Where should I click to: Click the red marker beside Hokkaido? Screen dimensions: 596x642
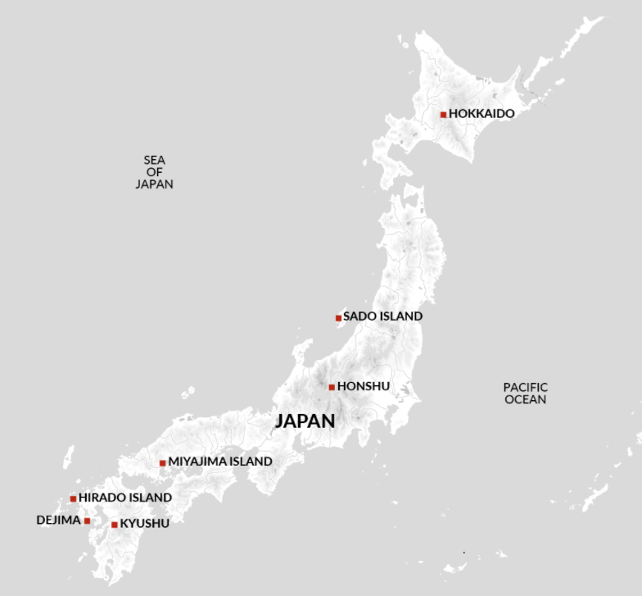click(x=443, y=115)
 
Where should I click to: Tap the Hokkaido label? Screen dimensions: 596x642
click(x=481, y=114)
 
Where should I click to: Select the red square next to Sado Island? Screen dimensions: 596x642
click(x=338, y=317)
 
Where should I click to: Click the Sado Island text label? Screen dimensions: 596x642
click(x=382, y=316)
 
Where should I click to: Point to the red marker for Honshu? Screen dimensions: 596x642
click(x=332, y=387)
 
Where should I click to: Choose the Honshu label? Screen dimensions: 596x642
click(x=364, y=386)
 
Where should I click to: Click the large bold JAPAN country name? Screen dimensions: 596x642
click(x=305, y=421)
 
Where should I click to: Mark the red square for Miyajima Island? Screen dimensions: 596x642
click(x=163, y=463)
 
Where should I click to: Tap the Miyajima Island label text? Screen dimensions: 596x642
click(x=219, y=462)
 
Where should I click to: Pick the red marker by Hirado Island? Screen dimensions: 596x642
click(x=74, y=498)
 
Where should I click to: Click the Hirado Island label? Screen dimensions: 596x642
click(x=125, y=498)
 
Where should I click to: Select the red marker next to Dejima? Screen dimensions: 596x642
click(x=87, y=521)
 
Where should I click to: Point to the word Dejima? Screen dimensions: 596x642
click(x=58, y=520)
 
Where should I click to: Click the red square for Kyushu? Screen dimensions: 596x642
click(x=115, y=525)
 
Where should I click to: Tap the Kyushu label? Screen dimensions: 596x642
click(x=145, y=524)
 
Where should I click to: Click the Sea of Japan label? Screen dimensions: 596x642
click(x=154, y=172)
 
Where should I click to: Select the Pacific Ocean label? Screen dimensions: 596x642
click(x=525, y=394)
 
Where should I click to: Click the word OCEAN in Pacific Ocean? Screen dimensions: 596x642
click(x=525, y=400)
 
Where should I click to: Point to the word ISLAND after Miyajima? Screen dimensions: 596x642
click(x=246, y=462)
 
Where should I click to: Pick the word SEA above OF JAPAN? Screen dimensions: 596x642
click(x=154, y=161)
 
